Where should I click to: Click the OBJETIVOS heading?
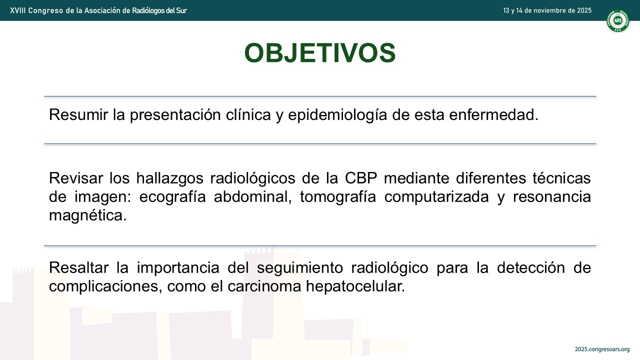click(x=320, y=53)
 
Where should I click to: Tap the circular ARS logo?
click(x=617, y=20)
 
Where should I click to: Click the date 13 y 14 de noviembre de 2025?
click(x=547, y=10)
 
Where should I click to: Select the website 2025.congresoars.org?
click(x=602, y=349)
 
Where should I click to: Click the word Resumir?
click(x=78, y=114)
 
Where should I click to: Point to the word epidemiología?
click(x=337, y=115)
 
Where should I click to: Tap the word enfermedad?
click(x=493, y=114)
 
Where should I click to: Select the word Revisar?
click(x=76, y=178)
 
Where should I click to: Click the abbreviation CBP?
click(x=361, y=178)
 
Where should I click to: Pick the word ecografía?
click(x=172, y=196)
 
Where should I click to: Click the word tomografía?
click(x=337, y=196)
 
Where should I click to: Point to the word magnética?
click(x=87, y=215)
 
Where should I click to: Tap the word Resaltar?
click(x=79, y=267)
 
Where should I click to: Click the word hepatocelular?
click(x=355, y=286)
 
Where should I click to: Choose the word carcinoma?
click(x=264, y=286)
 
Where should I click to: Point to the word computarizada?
click(x=436, y=196)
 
